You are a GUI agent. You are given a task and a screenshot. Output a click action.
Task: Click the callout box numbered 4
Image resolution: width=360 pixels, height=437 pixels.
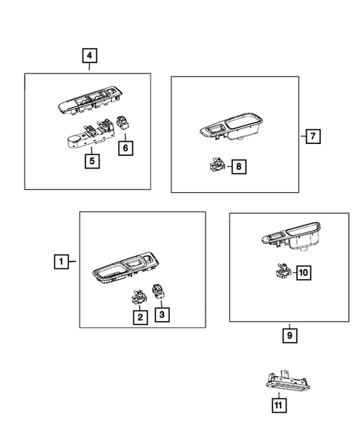tap(89, 55)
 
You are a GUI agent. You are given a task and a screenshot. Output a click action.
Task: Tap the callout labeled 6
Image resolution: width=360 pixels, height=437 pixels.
tap(125, 149)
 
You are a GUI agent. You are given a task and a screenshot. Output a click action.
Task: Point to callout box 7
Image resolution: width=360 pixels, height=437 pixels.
tap(312, 136)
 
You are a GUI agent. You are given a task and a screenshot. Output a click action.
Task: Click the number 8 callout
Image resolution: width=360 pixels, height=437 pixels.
tap(238, 168)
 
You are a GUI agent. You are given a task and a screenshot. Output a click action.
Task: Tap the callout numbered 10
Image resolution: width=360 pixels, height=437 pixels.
tap(304, 273)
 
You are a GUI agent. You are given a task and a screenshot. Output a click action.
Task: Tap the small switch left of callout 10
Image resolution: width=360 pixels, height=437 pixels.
tap(280, 272)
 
